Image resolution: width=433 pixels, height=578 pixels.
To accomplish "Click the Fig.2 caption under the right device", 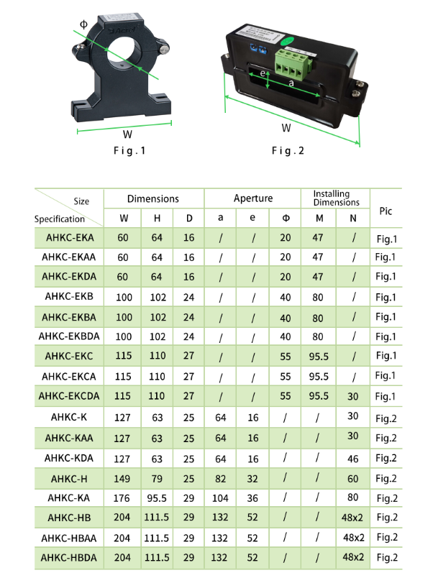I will (x=288, y=151).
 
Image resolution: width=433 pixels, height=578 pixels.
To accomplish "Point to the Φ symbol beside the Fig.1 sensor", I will (x=83, y=24).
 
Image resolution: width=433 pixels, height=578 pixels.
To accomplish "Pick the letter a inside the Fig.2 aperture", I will (x=291, y=84).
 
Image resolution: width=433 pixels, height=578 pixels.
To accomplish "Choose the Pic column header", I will (x=386, y=211).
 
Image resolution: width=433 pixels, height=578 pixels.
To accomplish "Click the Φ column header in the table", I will (x=286, y=218).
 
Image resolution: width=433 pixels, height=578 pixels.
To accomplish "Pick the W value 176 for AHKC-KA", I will (x=123, y=497).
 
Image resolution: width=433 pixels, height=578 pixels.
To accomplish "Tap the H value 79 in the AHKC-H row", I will (x=156, y=478).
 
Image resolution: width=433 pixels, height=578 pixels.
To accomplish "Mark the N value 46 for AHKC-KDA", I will (x=353, y=458).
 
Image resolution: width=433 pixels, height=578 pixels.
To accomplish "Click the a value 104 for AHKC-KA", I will (x=220, y=497).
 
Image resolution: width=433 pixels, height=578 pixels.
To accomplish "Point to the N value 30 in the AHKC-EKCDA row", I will (x=353, y=395).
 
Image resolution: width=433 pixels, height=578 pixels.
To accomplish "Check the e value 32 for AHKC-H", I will (x=253, y=478).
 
